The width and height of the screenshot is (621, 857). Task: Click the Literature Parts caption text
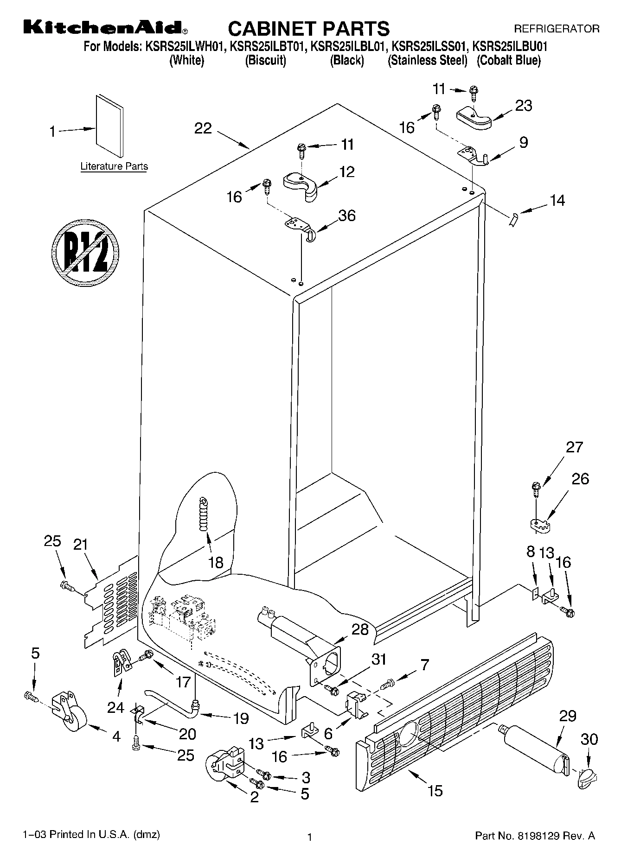(x=114, y=166)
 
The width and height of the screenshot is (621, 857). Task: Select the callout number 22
(x=203, y=128)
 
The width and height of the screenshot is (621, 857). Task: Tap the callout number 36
(x=346, y=216)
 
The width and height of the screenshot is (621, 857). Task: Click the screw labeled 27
(x=536, y=488)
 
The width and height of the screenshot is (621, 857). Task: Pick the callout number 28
(x=360, y=629)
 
